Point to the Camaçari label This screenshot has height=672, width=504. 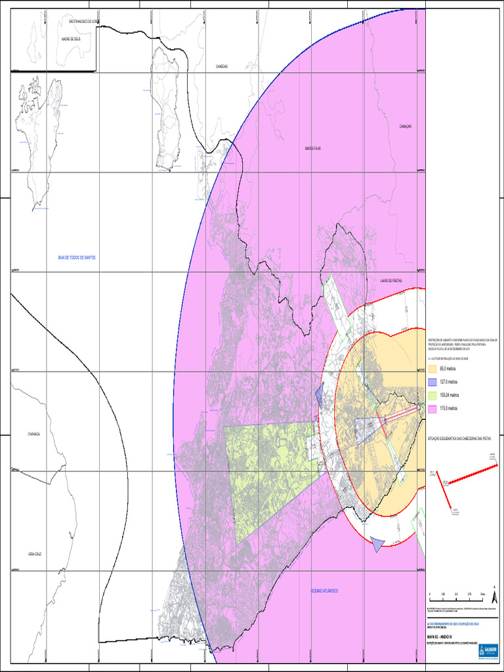404,127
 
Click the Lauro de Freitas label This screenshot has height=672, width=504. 390,280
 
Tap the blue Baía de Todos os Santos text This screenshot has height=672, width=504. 77,258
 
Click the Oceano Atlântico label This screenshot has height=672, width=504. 324,591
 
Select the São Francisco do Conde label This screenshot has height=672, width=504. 84,22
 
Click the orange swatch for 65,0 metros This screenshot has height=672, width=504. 432,369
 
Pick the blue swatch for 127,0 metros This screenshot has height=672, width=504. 432,382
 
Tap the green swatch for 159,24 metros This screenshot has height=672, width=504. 432,395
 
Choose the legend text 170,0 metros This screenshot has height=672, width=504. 450,408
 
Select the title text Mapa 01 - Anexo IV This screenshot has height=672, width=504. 441,636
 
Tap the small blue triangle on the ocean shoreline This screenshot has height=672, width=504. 377,543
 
